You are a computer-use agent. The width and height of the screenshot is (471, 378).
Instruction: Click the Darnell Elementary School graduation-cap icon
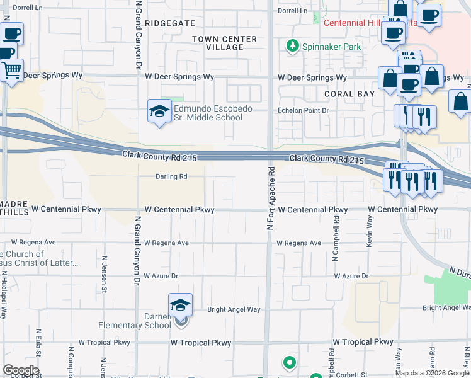coord(180,305)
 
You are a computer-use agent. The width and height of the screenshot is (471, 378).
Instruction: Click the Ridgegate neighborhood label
coord(170,23)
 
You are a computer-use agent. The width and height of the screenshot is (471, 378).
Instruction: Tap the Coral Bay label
coord(349,94)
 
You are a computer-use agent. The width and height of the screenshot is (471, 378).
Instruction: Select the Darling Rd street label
coord(172,177)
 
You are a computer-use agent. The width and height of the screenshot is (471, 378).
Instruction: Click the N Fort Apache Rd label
coord(271,197)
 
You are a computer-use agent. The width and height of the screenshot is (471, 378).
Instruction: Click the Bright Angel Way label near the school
coord(234,310)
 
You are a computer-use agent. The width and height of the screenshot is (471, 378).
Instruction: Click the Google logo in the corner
coord(21,370)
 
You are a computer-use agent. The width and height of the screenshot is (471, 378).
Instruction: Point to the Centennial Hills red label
coord(362,23)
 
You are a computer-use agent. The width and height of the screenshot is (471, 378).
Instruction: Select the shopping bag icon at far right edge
coord(460,101)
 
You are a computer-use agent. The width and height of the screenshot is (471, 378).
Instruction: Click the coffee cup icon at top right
coord(429,15)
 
